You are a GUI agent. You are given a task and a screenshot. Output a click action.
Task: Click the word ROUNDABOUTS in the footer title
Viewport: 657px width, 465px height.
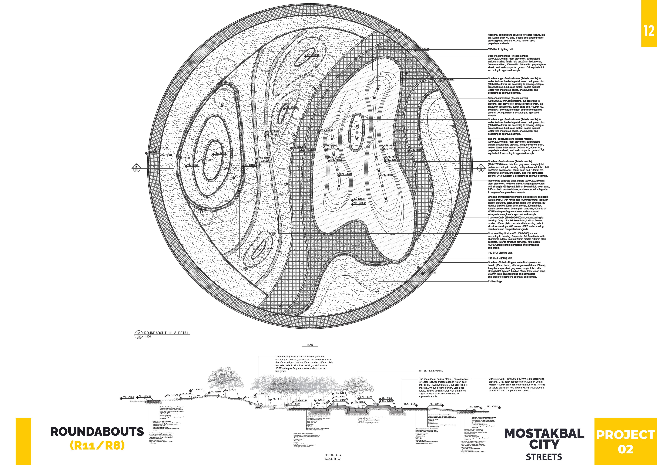coord(97,432)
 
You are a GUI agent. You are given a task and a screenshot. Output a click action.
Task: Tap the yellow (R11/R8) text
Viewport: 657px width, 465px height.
coord(97,446)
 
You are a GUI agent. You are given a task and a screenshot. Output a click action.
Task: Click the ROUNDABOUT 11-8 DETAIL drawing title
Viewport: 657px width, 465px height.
coord(166,333)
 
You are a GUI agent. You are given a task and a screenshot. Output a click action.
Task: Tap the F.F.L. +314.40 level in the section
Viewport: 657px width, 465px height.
coord(128,397)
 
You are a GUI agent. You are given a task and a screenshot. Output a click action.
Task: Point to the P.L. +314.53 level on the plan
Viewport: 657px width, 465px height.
coord(166,155)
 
